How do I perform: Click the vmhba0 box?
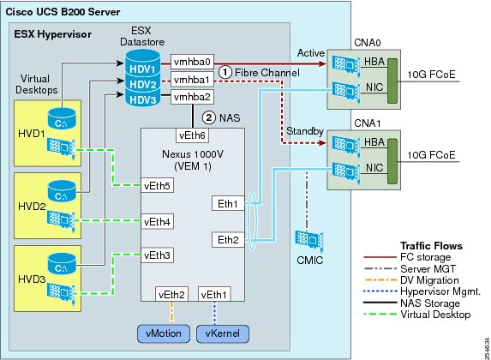192,62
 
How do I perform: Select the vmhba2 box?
192,97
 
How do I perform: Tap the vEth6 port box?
192,135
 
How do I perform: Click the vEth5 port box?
157,185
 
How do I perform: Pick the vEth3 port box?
157,255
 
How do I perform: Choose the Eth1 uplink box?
228,204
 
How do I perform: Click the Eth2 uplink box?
228,240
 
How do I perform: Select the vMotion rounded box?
164,333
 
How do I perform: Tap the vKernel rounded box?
223,333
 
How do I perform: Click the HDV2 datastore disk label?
143,84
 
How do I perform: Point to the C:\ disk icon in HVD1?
62,119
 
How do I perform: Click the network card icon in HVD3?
61,293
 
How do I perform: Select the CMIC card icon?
309,241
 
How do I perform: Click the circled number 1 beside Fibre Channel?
225,72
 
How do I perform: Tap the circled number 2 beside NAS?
209,117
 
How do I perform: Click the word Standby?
305,131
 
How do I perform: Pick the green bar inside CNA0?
392,81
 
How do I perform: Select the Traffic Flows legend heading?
432,246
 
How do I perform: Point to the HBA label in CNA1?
374,142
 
